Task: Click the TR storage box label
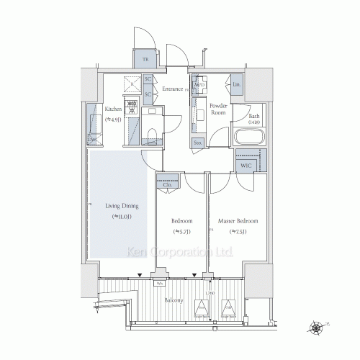(145, 60)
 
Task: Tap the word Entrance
(172, 89)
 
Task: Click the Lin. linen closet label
(238, 84)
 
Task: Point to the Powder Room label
(218, 109)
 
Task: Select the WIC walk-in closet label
(246, 165)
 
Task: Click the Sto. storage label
(198, 143)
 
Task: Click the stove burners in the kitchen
(132, 109)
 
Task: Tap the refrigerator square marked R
(132, 84)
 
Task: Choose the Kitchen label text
(114, 109)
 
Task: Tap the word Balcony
(174, 300)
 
